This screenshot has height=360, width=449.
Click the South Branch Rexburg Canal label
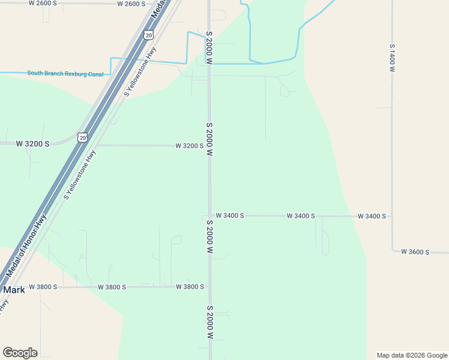[65, 74]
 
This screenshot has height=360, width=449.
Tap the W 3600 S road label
[415, 252]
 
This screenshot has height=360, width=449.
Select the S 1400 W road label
[391, 58]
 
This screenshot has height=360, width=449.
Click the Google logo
[20, 353]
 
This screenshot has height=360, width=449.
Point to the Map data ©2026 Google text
[412, 355]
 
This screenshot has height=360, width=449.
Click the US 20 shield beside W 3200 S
[83, 137]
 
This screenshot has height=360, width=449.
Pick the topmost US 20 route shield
[148, 35]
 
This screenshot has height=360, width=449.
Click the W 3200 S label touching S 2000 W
[190, 146]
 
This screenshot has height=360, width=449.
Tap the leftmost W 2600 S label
[43, 3]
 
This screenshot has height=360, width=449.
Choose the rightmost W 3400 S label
[372, 216]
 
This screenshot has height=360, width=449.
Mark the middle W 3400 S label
[301, 215]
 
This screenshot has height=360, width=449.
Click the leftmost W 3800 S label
[43, 287]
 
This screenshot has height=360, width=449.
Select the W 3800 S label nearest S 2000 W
[190, 287]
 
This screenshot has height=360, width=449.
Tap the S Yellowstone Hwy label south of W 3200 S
[80, 175]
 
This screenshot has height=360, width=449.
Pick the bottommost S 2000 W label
[209, 324]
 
